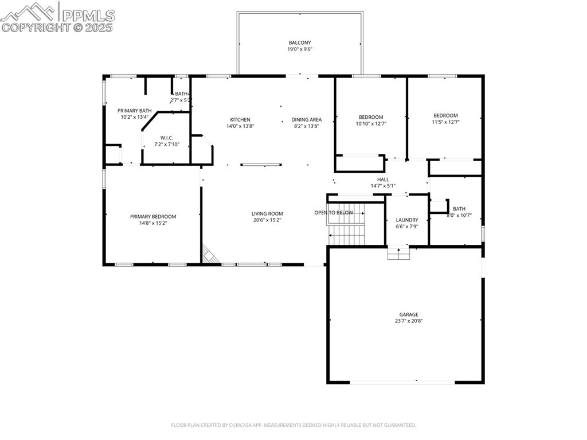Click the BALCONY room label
point(299,42)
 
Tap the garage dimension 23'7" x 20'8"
point(408,321)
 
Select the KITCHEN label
point(240,120)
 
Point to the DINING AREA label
point(306,120)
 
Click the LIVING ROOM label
point(267,214)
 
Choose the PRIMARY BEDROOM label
point(152,217)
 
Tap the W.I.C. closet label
point(166,138)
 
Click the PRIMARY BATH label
point(134,111)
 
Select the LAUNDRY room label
point(406,220)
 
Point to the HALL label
point(382,180)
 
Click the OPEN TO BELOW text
point(334,213)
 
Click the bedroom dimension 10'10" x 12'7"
point(371,123)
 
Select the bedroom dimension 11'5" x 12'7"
point(445,122)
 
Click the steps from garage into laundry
point(398,254)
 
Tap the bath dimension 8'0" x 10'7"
point(459,216)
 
